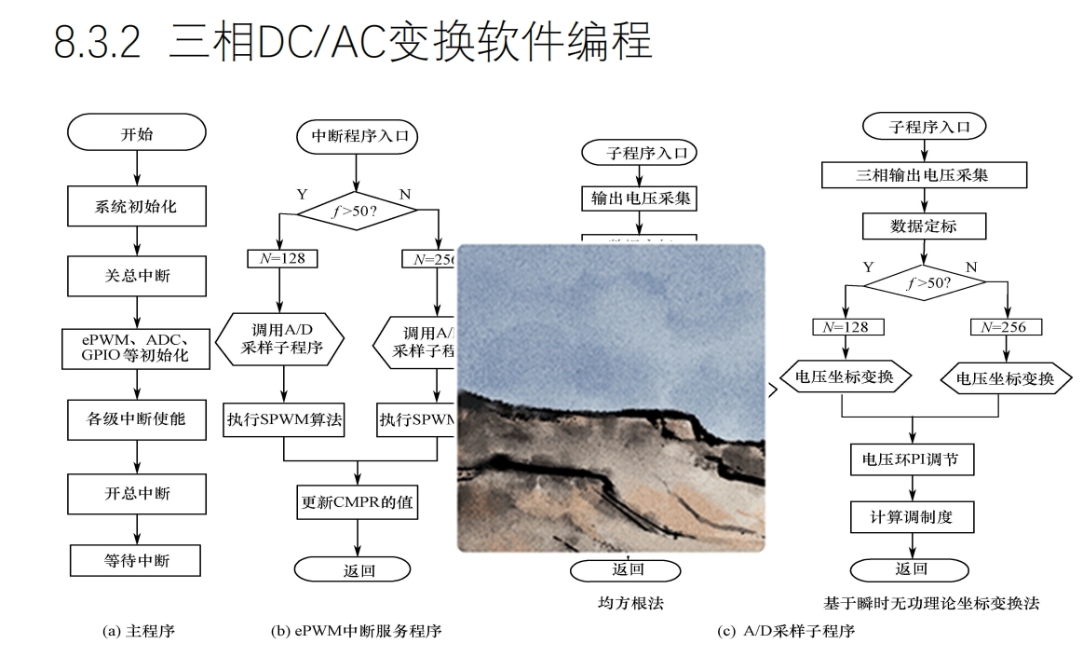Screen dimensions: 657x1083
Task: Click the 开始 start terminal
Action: [x=137, y=132]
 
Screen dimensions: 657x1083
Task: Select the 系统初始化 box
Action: [x=137, y=206]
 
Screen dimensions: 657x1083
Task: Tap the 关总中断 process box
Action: [x=137, y=276]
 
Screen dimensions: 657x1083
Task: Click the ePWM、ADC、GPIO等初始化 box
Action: [x=137, y=347]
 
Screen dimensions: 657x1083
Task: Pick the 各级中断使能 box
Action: [x=137, y=418]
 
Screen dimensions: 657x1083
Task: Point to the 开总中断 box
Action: [x=137, y=491]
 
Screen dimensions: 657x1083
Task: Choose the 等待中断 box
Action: [x=137, y=559]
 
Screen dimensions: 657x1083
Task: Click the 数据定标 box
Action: [x=924, y=226]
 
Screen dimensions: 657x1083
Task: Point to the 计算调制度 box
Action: [x=912, y=515]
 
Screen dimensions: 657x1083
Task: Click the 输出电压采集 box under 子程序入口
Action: [x=640, y=198]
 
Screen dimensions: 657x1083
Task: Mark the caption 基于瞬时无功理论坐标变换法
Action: [x=931, y=603]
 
